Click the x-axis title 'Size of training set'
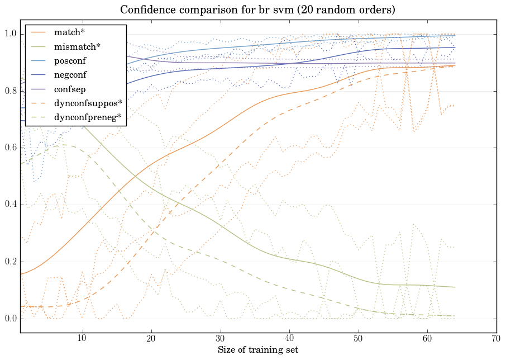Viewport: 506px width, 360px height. coord(257,350)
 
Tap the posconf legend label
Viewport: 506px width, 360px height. coord(70,60)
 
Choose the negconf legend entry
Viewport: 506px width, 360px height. coord(70,74)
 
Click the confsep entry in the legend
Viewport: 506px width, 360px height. coord(70,88)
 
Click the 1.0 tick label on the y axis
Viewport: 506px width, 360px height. coord(10,34)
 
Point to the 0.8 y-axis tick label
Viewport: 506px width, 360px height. coord(10,91)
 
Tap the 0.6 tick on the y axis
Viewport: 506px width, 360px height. coord(10,148)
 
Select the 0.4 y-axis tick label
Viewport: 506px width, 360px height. coord(10,205)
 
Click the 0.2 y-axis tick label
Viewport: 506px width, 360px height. coord(10,262)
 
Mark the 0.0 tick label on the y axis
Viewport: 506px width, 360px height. coord(10,319)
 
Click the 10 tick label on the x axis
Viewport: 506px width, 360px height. coord(82,339)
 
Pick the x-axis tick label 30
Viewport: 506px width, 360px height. coord(220,339)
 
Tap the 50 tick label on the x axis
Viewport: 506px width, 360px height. coord(358,339)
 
